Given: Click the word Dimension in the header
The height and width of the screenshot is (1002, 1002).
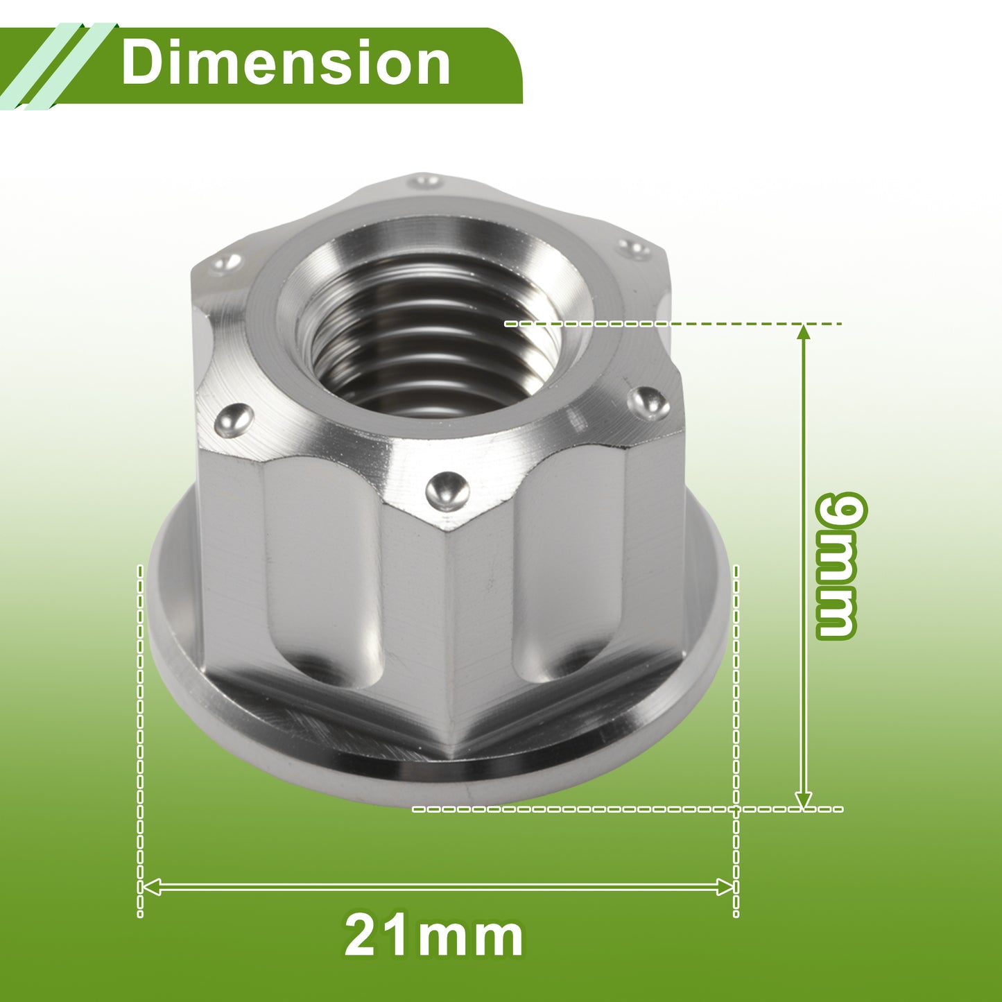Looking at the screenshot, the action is (286, 63).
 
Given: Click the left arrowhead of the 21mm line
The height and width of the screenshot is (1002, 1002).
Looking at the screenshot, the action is (150, 886).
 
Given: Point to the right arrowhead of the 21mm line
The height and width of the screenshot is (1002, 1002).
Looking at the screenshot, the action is (725, 886).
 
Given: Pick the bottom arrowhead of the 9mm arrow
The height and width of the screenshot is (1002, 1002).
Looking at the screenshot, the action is (804, 800).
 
